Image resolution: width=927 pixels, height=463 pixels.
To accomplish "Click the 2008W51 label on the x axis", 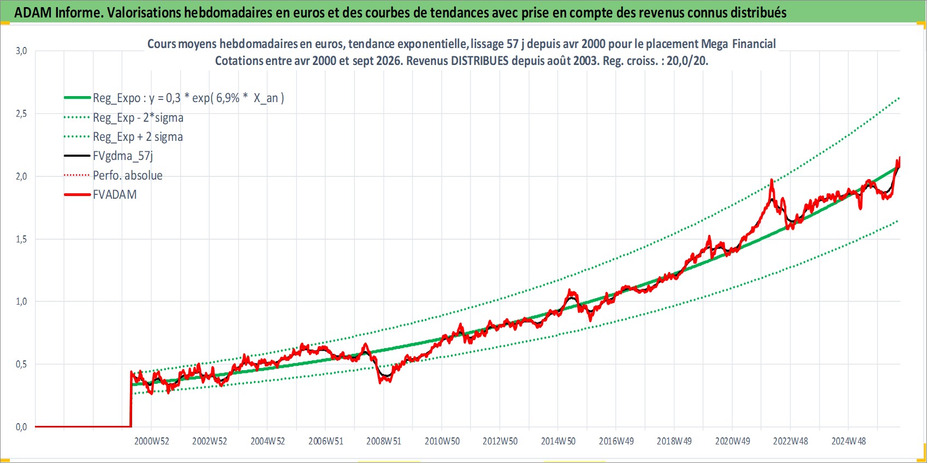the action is [384, 441].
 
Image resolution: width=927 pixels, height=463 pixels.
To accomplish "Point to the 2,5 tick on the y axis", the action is [21, 114].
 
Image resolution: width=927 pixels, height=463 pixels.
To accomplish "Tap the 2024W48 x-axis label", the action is [848, 441].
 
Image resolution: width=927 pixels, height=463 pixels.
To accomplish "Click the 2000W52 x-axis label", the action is [151, 441].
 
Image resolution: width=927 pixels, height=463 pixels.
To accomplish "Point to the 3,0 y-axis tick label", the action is [21, 51].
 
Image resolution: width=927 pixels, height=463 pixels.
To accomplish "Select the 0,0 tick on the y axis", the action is [21, 427].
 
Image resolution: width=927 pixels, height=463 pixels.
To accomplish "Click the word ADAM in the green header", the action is [33, 13].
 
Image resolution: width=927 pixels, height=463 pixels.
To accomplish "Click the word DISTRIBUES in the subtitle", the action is [480, 61].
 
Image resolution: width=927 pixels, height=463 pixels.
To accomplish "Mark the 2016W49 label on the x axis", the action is [616, 441].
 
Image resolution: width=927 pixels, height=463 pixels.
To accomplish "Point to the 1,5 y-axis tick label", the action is [21, 239].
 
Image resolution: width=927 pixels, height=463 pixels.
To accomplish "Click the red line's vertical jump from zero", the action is [131, 399].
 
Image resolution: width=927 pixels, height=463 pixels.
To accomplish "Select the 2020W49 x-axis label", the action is [733, 441].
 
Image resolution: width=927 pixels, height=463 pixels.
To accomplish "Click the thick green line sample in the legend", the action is [77, 98].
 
